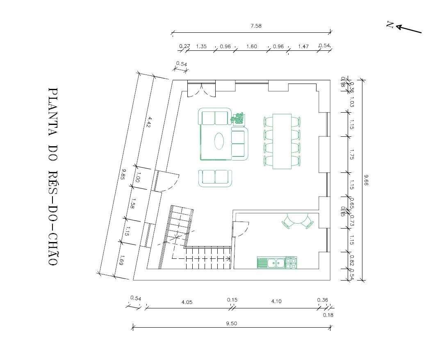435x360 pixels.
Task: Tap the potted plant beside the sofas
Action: pos(237,118)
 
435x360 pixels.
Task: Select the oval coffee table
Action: pos(219,141)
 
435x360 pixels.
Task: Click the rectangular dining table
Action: pos(282,141)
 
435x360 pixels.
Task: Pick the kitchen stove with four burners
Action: pos(291,263)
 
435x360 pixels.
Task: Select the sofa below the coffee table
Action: pos(215,178)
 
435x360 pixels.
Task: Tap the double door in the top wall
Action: pos(201,89)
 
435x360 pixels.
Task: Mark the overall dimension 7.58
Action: pos(256,26)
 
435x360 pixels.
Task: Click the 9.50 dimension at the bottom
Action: pos(231,323)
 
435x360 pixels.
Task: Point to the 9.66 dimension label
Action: pos(366,180)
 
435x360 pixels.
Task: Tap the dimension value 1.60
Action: pos(251,46)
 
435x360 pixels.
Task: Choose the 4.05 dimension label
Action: pos(187,302)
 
